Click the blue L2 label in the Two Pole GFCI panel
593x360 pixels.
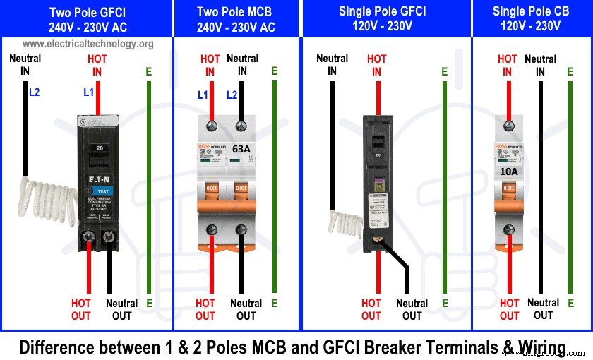35,92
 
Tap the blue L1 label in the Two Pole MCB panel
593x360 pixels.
203,95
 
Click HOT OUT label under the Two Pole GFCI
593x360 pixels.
81,309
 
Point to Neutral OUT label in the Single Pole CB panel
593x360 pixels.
543,308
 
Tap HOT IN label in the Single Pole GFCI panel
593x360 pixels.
377,65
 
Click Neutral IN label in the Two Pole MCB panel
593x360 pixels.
243,65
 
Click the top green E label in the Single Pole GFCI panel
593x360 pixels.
444,72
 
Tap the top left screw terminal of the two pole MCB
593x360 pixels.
210,126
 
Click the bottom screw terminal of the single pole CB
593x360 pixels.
508,229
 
